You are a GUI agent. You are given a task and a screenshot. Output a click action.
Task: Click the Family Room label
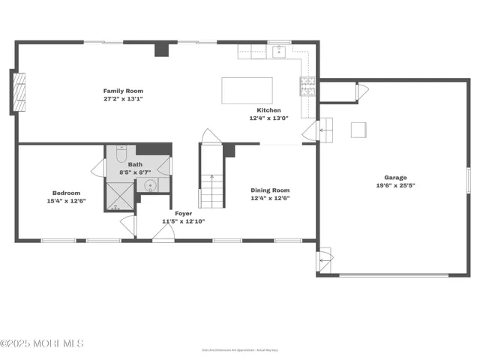pyautogui.click(x=123, y=91)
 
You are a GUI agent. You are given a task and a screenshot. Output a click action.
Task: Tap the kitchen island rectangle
pyautogui.click(x=247, y=90)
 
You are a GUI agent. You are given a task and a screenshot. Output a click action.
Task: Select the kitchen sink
pyautogui.click(x=279, y=51)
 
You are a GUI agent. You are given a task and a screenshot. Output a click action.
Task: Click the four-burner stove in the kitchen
pyautogui.click(x=307, y=88)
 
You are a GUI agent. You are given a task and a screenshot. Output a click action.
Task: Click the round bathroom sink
pyautogui.click(x=150, y=184)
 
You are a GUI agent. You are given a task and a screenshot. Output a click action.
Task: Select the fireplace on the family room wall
pyautogui.click(x=13, y=92)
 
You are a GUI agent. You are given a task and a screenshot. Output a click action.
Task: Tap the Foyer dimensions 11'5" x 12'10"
pyautogui.click(x=184, y=221)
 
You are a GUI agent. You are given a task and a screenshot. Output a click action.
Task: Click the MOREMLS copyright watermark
pyautogui.click(x=42, y=343)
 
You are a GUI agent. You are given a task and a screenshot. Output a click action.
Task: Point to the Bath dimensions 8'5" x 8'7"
pyautogui.click(x=136, y=172)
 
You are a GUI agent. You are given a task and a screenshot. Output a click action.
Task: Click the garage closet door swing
pyautogui.click(x=361, y=92)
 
